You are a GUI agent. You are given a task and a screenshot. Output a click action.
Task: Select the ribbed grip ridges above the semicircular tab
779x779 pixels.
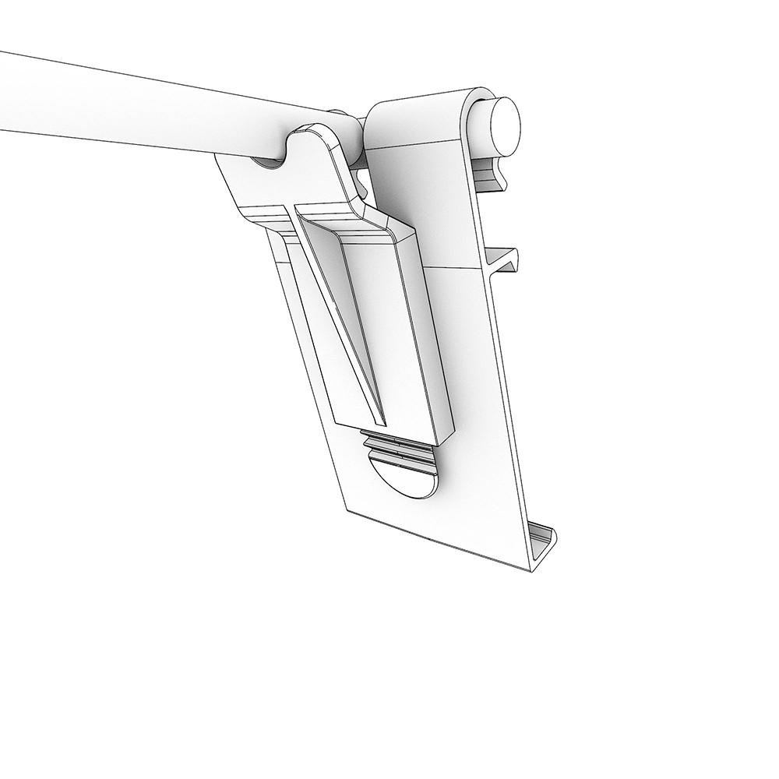[402, 447]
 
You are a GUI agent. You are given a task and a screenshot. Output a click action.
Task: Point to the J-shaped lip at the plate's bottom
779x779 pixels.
[545, 545]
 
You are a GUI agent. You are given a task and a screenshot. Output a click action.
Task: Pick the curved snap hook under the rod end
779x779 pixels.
[491, 175]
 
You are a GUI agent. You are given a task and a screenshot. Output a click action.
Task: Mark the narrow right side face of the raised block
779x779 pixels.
[432, 335]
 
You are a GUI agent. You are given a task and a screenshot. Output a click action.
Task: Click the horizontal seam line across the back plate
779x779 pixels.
[460, 269]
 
